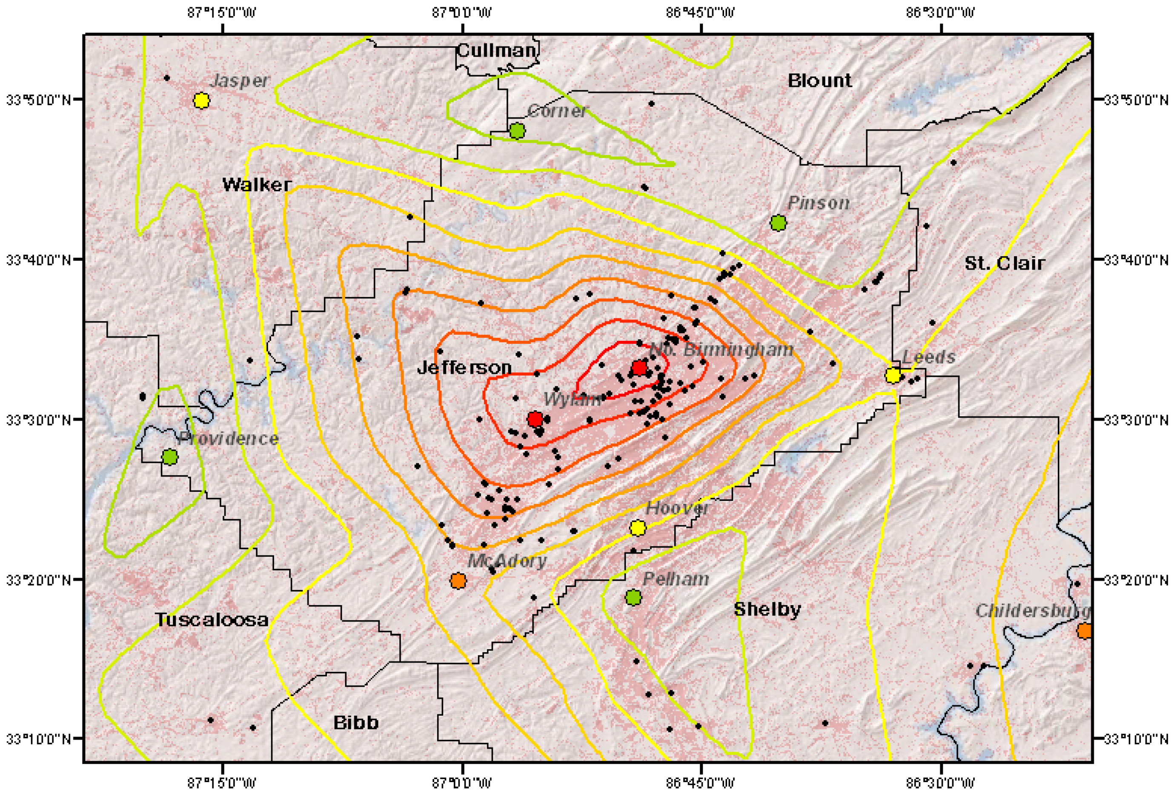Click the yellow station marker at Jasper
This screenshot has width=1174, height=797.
[x=202, y=100]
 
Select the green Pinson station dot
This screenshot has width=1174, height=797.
[x=779, y=222]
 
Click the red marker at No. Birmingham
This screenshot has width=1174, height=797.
[x=639, y=368]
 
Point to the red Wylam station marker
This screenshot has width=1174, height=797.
[x=535, y=419]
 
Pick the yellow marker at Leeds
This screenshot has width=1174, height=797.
[x=893, y=375]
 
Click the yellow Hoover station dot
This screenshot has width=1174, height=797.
[x=638, y=528]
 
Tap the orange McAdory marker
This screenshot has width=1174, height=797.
[x=458, y=580]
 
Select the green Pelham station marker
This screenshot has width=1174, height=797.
[x=633, y=597]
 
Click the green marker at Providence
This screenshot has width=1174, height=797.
[x=170, y=457]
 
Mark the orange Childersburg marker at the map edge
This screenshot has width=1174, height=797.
[x=1084, y=631]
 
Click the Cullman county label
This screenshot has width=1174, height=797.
[x=496, y=50]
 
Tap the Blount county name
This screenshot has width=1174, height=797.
[x=819, y=80]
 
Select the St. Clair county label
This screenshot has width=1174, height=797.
[x=1004, y=263]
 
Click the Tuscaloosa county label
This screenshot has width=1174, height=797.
[x=212, y=619]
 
